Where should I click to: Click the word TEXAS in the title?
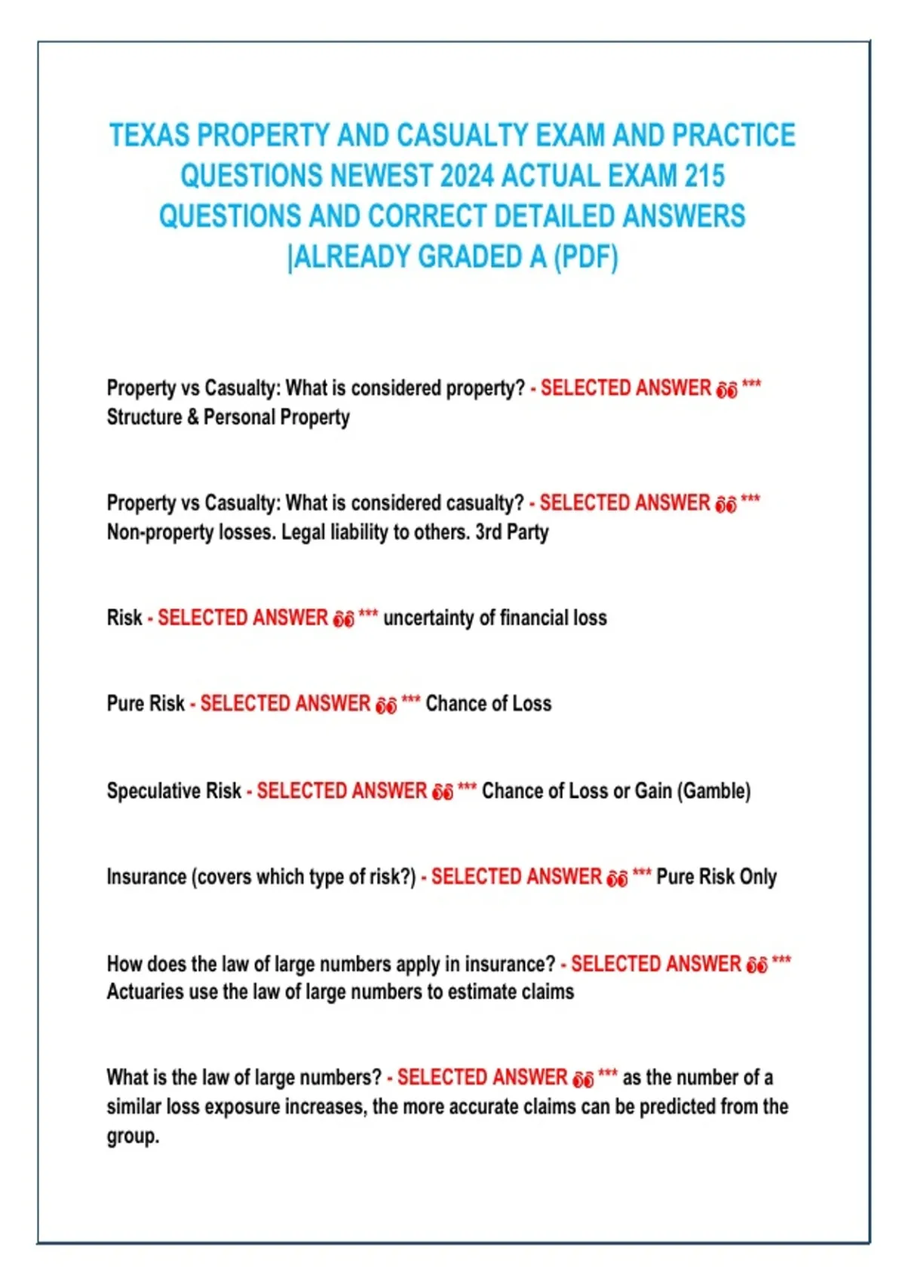pyautogui.click(x=149, y=136)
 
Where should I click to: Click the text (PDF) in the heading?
pyautogui.click(x=586, y=257)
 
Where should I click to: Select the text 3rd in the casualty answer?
pyautogui.click(x=489, y=532)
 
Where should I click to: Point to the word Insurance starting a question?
pyautogui.click(x=146, y=877)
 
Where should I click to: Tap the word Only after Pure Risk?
pyautogui.click(x=758, y=877)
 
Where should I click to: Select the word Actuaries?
pyautogui.click(x=145, y=992)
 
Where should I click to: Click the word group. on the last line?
pyautogui.click(x=133, y=1136)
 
